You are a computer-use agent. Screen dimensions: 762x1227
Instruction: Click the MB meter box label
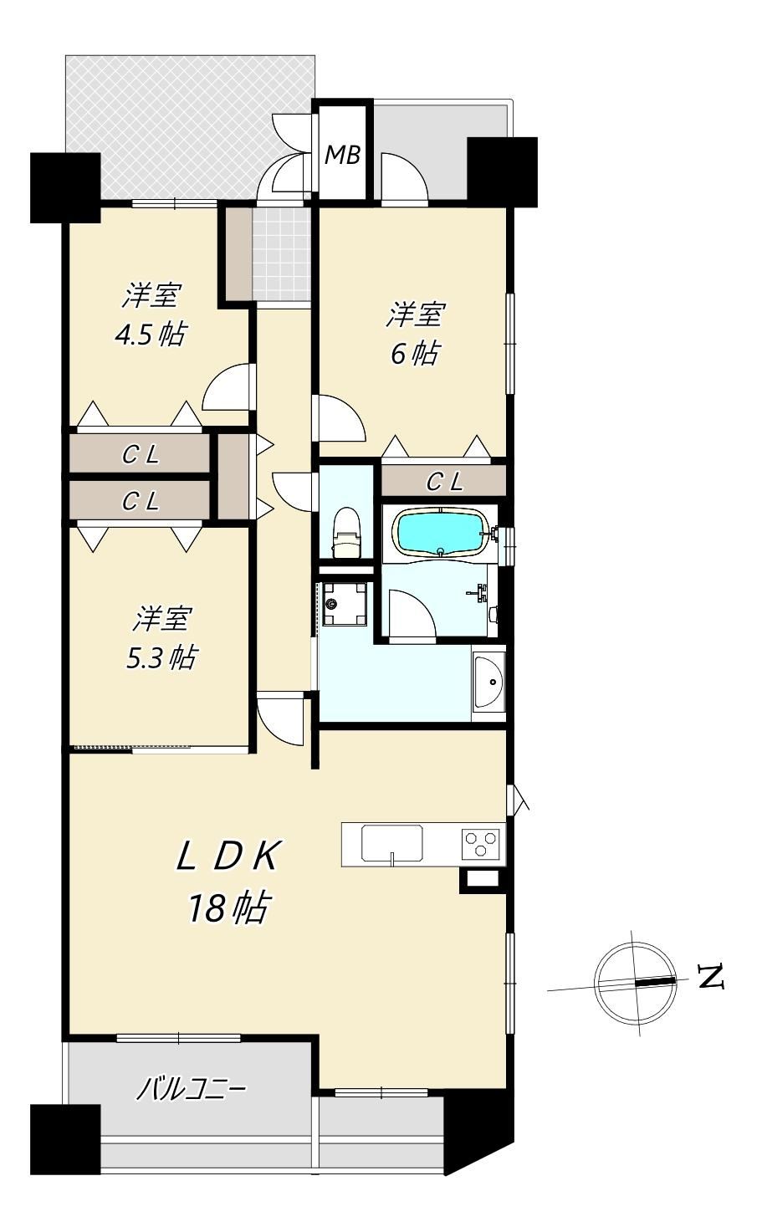tap(342, 156)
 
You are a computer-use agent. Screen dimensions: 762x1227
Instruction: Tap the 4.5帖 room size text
tap(150, 334)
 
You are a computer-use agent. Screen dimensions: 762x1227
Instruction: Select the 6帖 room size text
tap(415, 353)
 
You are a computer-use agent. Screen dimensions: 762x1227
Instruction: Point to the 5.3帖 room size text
tap(161, 657)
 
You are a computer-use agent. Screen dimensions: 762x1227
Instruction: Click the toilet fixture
tap(347, 533)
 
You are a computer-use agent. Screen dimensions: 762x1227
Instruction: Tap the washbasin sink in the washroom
tap(489, 682)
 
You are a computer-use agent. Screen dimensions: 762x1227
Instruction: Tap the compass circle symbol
tap(636, 982)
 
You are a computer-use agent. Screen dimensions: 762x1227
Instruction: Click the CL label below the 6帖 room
tap(444, 482)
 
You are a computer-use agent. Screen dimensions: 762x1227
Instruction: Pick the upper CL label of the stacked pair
tap(141, 454)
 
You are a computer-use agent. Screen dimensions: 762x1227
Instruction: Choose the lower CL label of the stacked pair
tap(141, 501)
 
